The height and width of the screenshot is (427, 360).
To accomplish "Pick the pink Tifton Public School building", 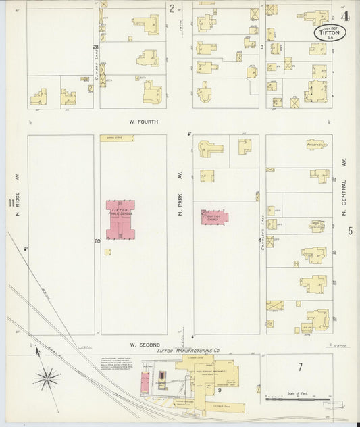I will pos(120,220).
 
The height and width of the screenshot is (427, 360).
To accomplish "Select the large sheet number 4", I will pos(346,16).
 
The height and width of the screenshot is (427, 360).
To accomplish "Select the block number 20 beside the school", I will pos(97,241).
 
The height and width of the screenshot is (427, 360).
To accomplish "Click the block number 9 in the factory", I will pos(220,391).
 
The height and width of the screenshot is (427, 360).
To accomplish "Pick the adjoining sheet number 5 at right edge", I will pos(350,231).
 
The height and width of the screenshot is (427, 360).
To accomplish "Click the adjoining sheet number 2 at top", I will pos(172,9).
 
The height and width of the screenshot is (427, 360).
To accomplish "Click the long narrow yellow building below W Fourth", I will pos(117,138).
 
